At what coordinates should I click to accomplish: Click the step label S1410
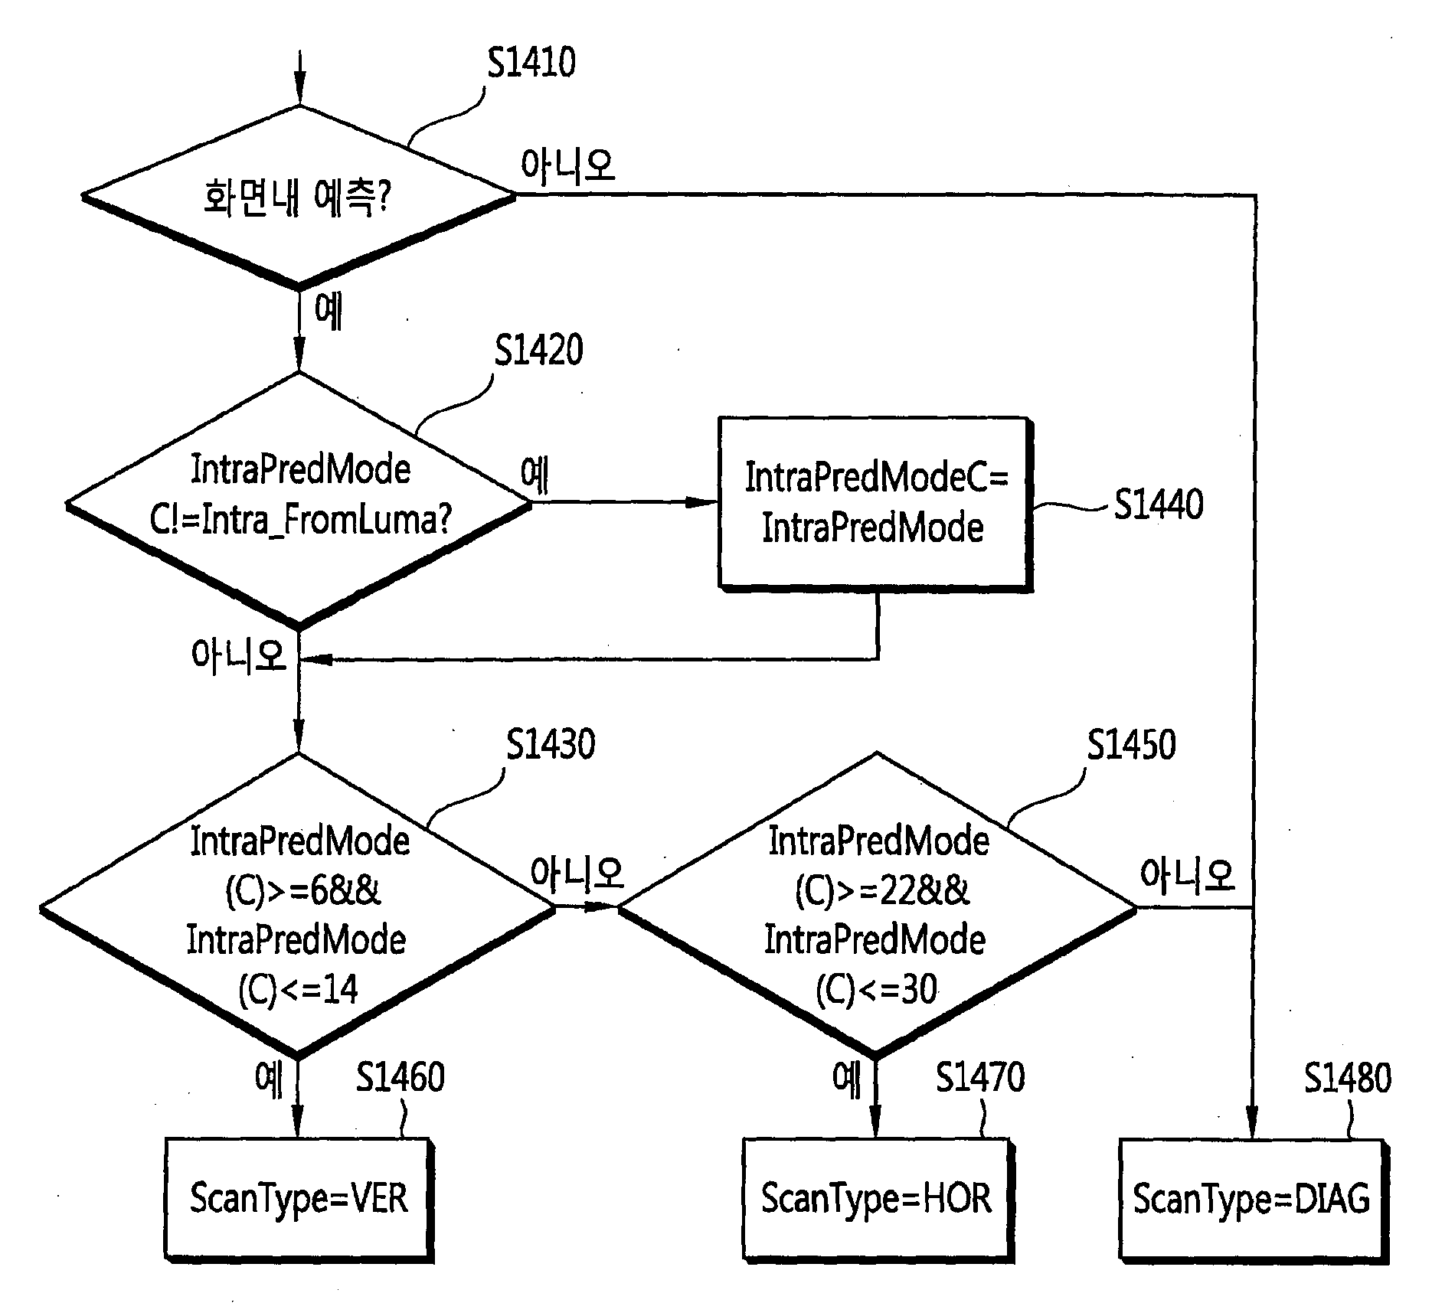pyautogui.click(x=531, y=62)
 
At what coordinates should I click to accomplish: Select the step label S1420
pyautogui.click(x=538, y=350)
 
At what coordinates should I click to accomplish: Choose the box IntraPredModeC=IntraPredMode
pyautogui.click(x=875, y=504)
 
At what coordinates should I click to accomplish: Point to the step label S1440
pyautogui.click(x=1158, y=505)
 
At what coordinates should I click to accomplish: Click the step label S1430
pyautogui.click(x=551, y=744)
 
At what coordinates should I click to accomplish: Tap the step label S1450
pyautogui.click(x=1132, y=744)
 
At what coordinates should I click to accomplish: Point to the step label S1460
pyautogui.click(x=401, y=1078)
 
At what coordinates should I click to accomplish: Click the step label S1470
pyautogui.click(x=980, y=1078)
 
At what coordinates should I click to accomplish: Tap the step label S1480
pyautogui.click(x=1348, y=1078)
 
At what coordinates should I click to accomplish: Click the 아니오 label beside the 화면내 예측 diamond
pyautogui.click(x=567, y=165)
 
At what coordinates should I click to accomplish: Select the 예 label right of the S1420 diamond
pyautogui.click(x=535, y=475)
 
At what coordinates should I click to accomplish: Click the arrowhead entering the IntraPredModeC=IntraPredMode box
pyautogui.click(x=701, y=502)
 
